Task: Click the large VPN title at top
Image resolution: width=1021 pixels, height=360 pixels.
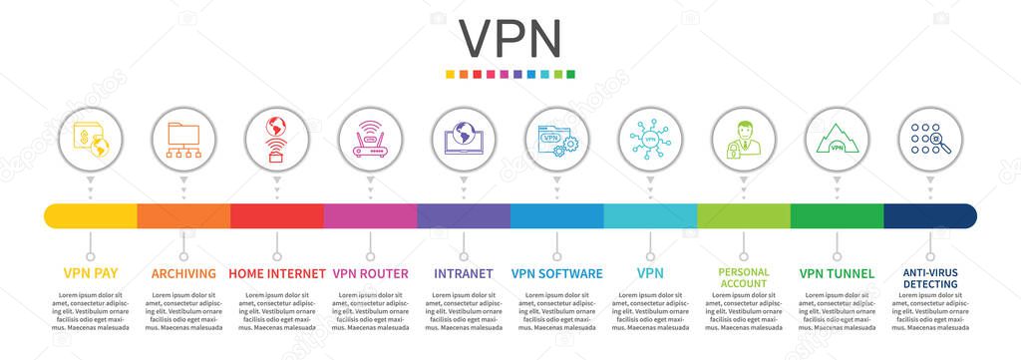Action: (x=510, y=38)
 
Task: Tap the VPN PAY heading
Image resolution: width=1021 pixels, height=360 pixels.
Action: (x=91, y=273)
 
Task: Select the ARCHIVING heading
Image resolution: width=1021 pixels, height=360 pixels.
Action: (x=183, y=273)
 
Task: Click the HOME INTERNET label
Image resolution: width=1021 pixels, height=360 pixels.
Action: (x=277, y=273)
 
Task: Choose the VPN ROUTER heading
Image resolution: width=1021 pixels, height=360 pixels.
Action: (x=370, y=273)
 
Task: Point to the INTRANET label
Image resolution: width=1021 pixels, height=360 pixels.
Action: (x=464, y=273)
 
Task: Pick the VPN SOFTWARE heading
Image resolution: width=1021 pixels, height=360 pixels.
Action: (x=556, y=273)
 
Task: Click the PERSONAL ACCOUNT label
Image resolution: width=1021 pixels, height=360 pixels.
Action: (x=743, y=277)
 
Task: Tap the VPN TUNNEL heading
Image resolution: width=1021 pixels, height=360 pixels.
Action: (x=837, y=273)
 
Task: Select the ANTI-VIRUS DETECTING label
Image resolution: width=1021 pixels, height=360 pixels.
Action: (x=930, y=277)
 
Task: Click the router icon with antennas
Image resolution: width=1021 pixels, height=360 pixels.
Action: (x=370, y=140)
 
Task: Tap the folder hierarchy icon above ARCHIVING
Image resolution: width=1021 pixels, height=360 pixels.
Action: (x=183, y=140)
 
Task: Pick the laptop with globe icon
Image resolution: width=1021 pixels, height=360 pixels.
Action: (x=464, y=140)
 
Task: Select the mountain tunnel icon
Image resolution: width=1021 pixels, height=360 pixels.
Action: (x=837, y=140)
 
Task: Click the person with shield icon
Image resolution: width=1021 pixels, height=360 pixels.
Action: (x=743, y=140)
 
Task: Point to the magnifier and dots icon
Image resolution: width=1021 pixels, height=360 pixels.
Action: (x=930, y=140)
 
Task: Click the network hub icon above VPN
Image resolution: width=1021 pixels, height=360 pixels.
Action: (x=650, y=140)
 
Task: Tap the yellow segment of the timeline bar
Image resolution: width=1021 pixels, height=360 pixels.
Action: (x=91, y=215)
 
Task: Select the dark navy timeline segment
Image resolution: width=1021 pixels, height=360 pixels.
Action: (x=929, y=215)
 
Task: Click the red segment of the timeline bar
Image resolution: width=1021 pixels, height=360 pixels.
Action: (x=277, y=215)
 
